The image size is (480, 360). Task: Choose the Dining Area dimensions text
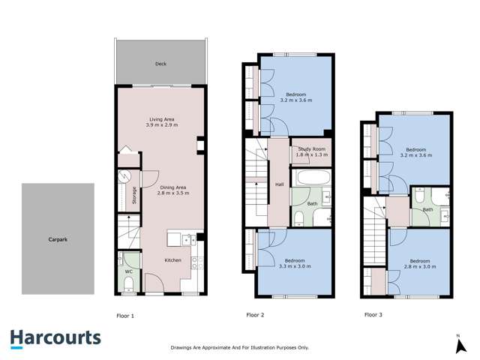[x=173, y=193]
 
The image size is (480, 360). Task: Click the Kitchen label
[x=173, y=261]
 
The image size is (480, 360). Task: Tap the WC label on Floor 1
[x=128, y=271]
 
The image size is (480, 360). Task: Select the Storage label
[x=134, y=195]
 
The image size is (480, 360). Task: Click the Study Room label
[x=312, y=149]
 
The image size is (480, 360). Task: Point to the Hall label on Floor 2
[x=279, y=184]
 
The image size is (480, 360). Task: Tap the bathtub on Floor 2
[x=312, y=178]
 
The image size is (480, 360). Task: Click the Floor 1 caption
[x=126, y=315]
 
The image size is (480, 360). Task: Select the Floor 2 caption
[x=256, y=315]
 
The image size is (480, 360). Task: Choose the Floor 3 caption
[x=373, y=315]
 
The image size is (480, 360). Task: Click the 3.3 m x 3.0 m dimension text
[x=294, y=265]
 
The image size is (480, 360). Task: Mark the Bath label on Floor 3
[x=428, y=209]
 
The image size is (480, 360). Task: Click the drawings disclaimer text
[x=239, y=348]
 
